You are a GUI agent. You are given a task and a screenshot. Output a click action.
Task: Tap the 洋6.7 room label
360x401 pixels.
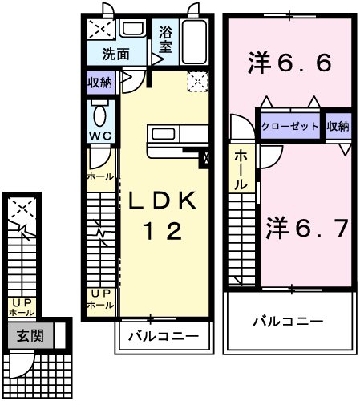306,229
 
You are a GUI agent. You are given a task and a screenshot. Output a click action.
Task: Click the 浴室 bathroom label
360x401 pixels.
164,40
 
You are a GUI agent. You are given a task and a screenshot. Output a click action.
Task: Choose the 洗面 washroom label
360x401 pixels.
115,55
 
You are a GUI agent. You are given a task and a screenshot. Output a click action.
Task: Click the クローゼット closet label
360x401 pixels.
290,125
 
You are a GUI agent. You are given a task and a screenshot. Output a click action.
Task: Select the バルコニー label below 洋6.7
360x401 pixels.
289,321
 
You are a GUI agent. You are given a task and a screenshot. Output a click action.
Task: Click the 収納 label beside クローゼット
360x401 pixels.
338,125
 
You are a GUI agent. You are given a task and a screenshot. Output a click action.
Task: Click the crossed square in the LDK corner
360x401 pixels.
197,81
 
